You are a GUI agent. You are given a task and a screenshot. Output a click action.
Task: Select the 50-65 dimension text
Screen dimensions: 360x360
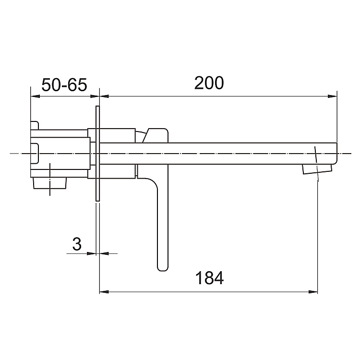click(64, 85)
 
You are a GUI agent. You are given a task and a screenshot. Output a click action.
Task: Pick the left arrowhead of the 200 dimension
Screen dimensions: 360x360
click(104, 96)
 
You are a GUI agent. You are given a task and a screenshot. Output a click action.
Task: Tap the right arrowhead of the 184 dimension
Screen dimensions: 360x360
click(313, 291)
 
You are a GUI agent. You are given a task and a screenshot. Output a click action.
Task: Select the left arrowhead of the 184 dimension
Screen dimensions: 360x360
click(104, 291)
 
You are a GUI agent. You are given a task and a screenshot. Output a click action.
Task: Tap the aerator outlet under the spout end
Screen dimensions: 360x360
click(317, 169)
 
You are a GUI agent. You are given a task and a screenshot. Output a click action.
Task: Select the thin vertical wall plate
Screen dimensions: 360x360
click(98, 154)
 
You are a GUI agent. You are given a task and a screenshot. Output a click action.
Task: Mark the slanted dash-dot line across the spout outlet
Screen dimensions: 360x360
click(316, 163)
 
